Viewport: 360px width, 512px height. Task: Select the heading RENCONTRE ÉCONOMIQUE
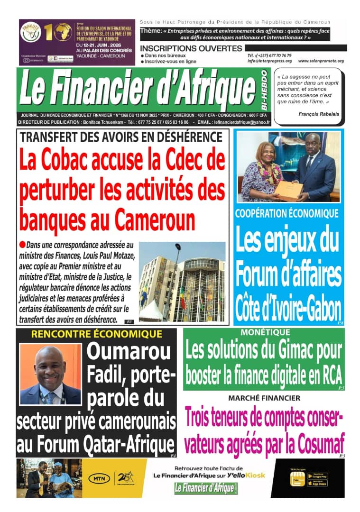pos(97,334)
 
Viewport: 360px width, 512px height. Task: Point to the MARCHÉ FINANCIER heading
pos(264,398)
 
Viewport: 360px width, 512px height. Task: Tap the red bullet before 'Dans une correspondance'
pos(22,245)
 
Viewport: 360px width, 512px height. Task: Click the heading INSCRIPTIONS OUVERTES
pos(191,48)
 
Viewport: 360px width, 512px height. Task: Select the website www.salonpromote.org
pos(321,61)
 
